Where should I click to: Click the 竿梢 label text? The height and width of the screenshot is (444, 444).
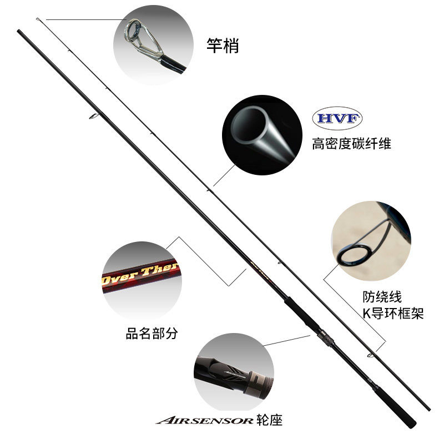point(223,46)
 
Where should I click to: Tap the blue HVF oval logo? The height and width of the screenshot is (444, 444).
point(337,118)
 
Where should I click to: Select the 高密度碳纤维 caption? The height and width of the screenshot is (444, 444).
point(351,144)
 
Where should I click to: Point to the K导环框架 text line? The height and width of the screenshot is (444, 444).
point(392,314)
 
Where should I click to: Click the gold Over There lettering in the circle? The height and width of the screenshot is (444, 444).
point(139,272)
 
